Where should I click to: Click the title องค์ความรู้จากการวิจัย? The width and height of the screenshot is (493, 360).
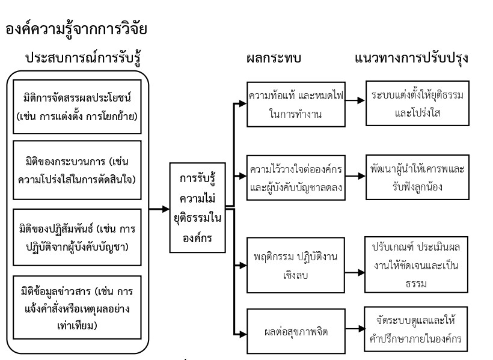point(76,29)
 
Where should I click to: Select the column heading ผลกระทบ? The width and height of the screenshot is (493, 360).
point(274,59)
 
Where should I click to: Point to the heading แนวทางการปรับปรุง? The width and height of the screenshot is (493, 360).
point(412,59)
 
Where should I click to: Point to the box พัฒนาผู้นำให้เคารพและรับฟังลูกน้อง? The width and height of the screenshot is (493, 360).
point(416,176)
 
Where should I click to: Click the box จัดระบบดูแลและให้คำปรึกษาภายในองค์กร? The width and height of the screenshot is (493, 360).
point(416,329)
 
